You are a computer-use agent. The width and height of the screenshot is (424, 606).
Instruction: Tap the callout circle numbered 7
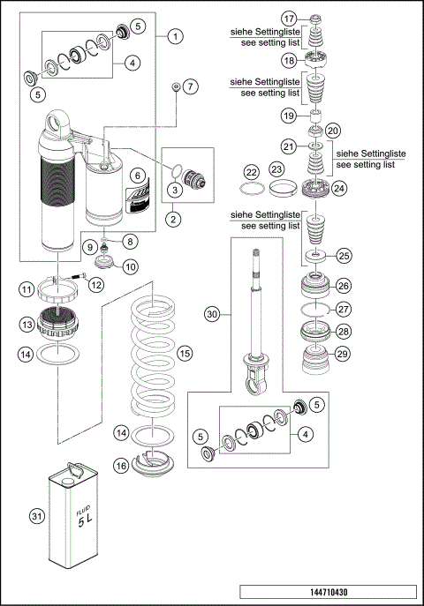tap(192, 86)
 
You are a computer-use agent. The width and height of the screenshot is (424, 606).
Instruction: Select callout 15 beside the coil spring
tap(184, 353)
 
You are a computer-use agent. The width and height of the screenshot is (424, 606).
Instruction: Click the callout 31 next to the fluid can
tap(36, 516)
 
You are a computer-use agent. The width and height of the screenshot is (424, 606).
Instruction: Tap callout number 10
tap(129, 266)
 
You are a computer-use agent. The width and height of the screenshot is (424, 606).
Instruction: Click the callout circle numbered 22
tap(251, 171)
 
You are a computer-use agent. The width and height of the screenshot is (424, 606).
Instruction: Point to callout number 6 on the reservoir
tap(137, 175)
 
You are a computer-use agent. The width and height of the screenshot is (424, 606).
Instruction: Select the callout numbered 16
tap(121, 465)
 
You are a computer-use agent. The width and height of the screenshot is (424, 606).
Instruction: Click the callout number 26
tap(343, 285)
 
